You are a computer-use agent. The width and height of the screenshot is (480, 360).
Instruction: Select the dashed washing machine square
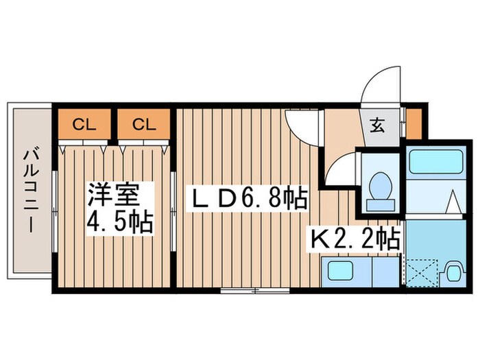(x=420, y=274)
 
